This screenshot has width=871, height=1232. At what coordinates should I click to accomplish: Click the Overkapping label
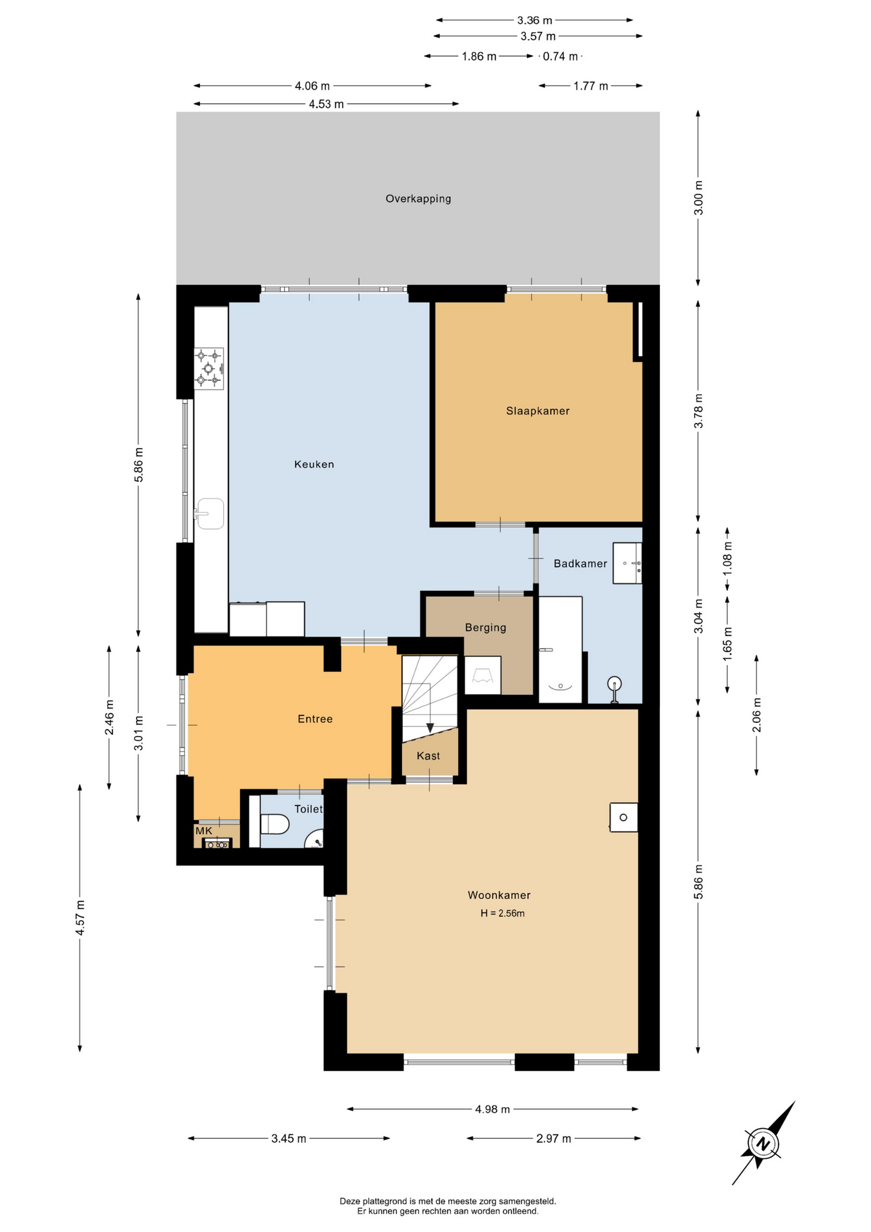418,199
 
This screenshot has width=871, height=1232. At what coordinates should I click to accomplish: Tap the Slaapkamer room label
537,411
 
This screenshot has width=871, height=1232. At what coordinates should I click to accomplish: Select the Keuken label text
314,465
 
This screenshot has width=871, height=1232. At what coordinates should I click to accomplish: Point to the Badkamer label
580,564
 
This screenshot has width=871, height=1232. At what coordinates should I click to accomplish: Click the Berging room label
486,628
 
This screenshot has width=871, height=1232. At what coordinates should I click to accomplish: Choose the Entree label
315,719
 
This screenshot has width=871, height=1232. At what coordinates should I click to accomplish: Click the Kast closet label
428,756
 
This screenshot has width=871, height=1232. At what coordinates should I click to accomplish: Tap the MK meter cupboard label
204,831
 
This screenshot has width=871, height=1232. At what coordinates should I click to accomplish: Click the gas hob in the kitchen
209,369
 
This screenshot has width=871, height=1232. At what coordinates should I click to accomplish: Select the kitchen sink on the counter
210,514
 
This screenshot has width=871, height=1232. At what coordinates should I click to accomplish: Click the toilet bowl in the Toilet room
275,824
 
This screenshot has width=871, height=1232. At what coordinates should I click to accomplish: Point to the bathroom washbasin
627,563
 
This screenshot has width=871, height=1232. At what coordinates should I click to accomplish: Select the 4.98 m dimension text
493,1109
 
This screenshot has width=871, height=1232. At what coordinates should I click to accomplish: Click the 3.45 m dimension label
289,1139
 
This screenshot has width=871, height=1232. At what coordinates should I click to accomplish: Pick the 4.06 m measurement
312,86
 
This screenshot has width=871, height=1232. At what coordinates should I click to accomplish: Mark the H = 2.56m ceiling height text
503,914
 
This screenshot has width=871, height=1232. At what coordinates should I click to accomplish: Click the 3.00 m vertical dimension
698,198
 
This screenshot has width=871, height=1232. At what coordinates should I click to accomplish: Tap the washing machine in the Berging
482,675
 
